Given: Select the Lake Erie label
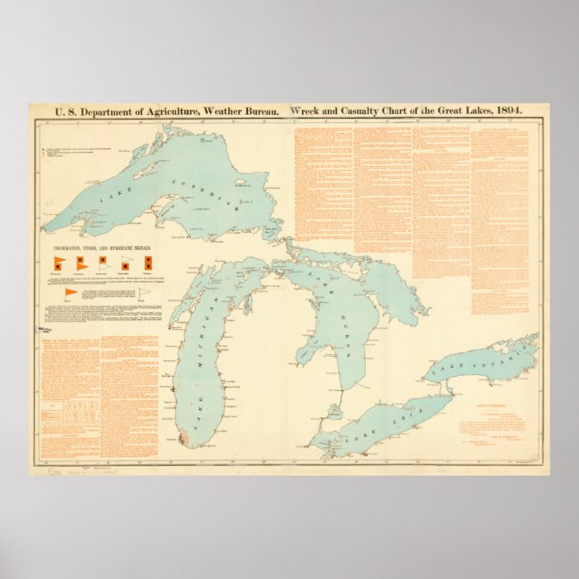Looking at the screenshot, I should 382,424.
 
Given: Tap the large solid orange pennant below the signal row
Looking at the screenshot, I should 71,293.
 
